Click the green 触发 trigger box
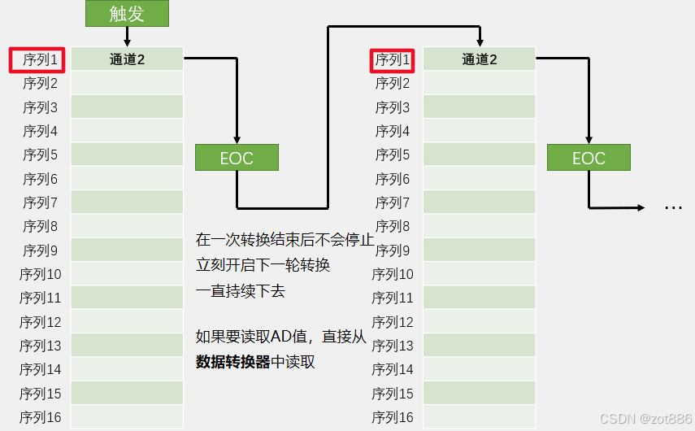pyautogui.click(x=127, y=13)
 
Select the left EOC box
pyautogui.click(x=237, y=158)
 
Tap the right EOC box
pyautogui.click(x=589, y=158)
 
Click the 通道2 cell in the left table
pyautogui.click(x=127, y=59)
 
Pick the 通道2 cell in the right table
pyautogui.click(x=480, y=59)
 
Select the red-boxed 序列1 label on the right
pyautogui.click(x=393, y=59)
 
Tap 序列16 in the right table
pyautogui.click(x=393, y=418)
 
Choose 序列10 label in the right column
pyautogui.click(x=393, y=275)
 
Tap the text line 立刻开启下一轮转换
pyautogui.click(x=263, y=266)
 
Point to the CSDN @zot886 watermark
pyautogui.click(x=645, y=418)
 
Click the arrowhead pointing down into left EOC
pyautogui.click(x=237, y=140)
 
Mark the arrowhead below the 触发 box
pyautogui.click(x=127, y=41)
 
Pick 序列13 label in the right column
pyautogui.click(x=393, y=346)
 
